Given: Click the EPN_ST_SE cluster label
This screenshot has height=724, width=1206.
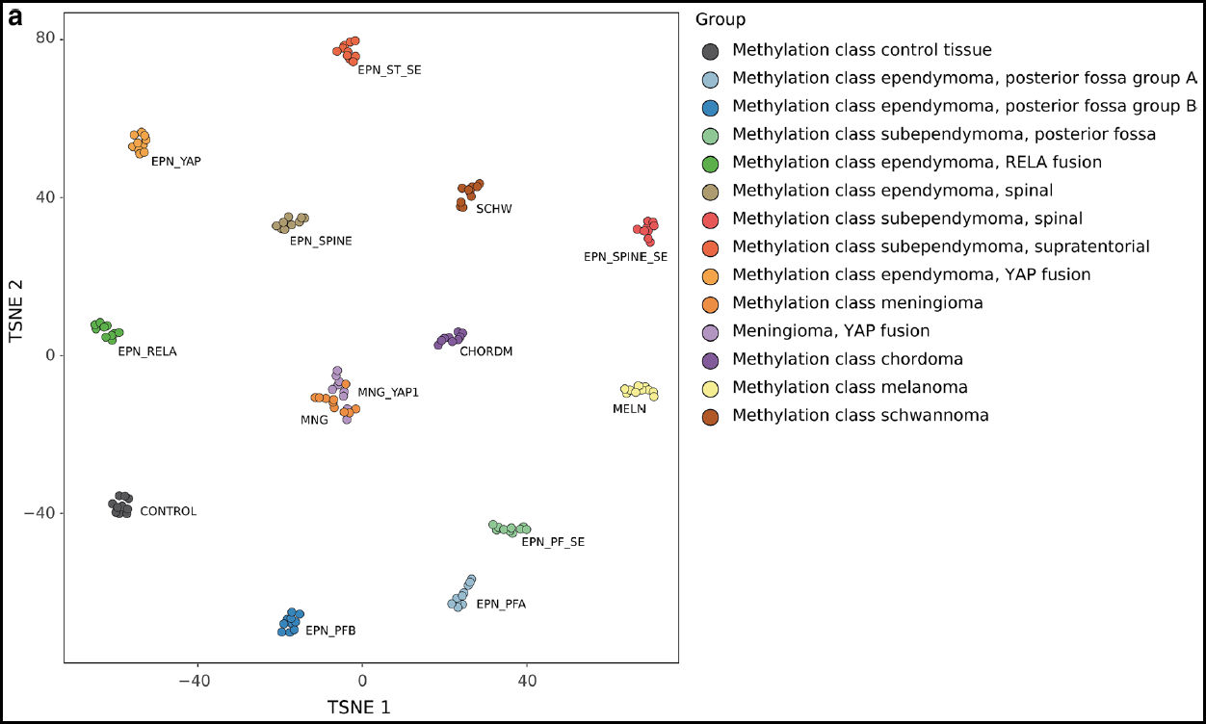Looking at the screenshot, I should click(x=389, y=70).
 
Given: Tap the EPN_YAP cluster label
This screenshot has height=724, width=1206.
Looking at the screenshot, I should click(x=176, y=162).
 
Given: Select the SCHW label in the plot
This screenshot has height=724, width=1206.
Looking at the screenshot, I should click(x=494, y=208).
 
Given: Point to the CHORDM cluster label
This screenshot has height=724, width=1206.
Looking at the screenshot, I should click(x=486, y=351).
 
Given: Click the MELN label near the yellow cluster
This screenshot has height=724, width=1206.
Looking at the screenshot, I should click(x=629, y=409).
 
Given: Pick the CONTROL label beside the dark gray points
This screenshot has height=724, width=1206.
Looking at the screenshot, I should click(x=168, y=512).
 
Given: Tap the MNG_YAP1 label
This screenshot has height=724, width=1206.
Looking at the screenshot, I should click(x=388, y=393).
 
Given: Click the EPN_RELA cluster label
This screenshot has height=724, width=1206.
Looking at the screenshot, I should click(x=147, y=352).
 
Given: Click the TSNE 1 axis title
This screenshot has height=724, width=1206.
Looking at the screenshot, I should click(x=359, y=708).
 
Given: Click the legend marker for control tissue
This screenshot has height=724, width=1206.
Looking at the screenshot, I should click(x=710, y=50).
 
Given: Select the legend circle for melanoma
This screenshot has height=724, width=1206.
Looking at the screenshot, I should click(x=710, y=388).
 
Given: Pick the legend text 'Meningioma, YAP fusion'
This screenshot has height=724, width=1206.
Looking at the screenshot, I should click(x=831, y=331).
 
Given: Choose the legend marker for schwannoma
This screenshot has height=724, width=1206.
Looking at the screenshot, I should click(x=710, y=416).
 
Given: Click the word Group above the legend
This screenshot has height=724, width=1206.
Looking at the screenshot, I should click(x=721, y=20).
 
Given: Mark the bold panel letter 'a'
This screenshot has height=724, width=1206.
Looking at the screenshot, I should click(x=15, y=17).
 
